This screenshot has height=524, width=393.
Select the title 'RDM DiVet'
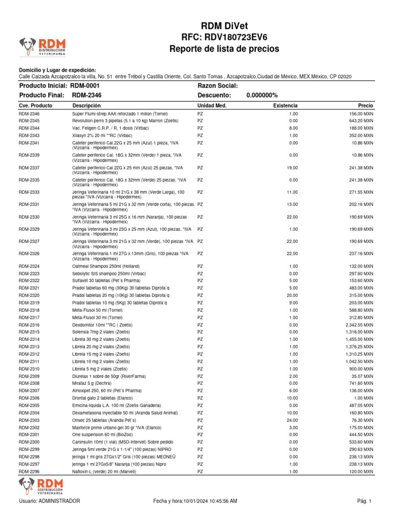tap(225, 27)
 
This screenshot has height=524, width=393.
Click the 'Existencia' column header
tap(286, 105)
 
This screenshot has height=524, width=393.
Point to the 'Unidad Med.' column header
tap(212, 105)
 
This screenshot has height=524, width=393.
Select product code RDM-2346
tap(29, 114)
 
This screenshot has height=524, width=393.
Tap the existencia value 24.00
tap(293, 420)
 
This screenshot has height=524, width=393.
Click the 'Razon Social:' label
tap(217, 86)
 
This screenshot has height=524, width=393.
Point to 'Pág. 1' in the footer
tap(364, 501)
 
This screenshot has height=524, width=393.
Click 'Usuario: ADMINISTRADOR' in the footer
tap(49, 501)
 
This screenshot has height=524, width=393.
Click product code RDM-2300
tap(29, 442)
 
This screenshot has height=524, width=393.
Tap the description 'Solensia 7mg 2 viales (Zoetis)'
tap(101, 332)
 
